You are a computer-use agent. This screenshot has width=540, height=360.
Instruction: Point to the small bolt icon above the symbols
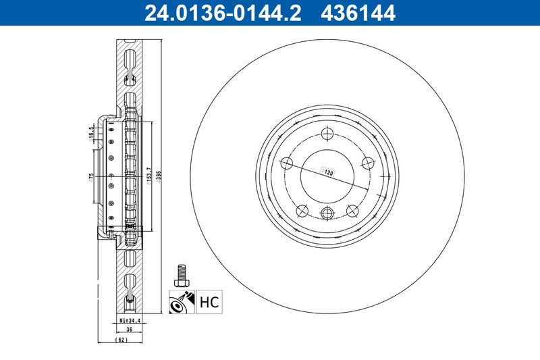point(180,274)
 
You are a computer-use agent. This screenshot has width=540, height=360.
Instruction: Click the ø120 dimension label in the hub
point(329,173)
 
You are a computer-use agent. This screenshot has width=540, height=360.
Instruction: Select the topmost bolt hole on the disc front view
point(327,132)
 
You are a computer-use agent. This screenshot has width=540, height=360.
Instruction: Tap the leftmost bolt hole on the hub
point(286,162)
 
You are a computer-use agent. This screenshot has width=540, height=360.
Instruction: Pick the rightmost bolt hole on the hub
point(369,162)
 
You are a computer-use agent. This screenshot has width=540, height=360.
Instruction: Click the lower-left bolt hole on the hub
point(302,210)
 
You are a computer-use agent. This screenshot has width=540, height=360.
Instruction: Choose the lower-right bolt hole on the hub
point(352,210)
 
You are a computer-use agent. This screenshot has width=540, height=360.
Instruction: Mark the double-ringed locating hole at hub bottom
point(327,213)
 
